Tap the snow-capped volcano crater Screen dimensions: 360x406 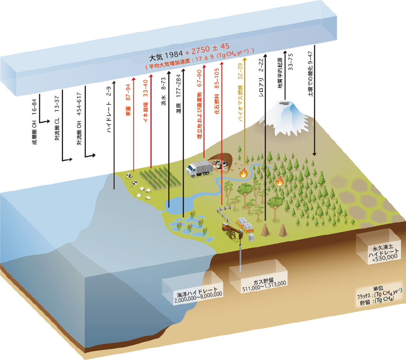(286, 103)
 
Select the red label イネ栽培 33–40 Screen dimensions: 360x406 (146, 106)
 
